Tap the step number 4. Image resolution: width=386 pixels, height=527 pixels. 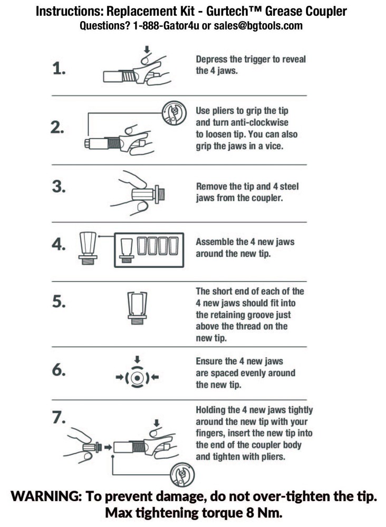59,245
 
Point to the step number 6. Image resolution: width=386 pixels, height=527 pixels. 59,370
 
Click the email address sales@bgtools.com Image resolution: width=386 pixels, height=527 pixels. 258,26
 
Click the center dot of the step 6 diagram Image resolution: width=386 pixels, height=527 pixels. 137,378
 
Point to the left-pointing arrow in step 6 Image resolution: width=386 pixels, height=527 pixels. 155,378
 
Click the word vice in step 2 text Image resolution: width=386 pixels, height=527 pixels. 273,146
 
